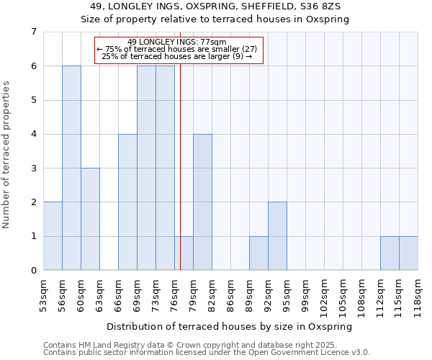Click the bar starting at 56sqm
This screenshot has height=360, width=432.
point(71,168)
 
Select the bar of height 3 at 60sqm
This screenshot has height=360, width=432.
point(90,219)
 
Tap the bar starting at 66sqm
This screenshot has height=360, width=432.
point(127,202)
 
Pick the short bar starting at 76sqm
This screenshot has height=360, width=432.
point(184,253)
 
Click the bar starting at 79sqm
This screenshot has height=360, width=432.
point(202,202)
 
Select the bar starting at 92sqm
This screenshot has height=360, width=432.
point(277,236)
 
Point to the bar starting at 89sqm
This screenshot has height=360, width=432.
point(258,253)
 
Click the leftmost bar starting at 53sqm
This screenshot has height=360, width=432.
point(53,236)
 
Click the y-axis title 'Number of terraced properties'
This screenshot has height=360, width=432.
point(7,154)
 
